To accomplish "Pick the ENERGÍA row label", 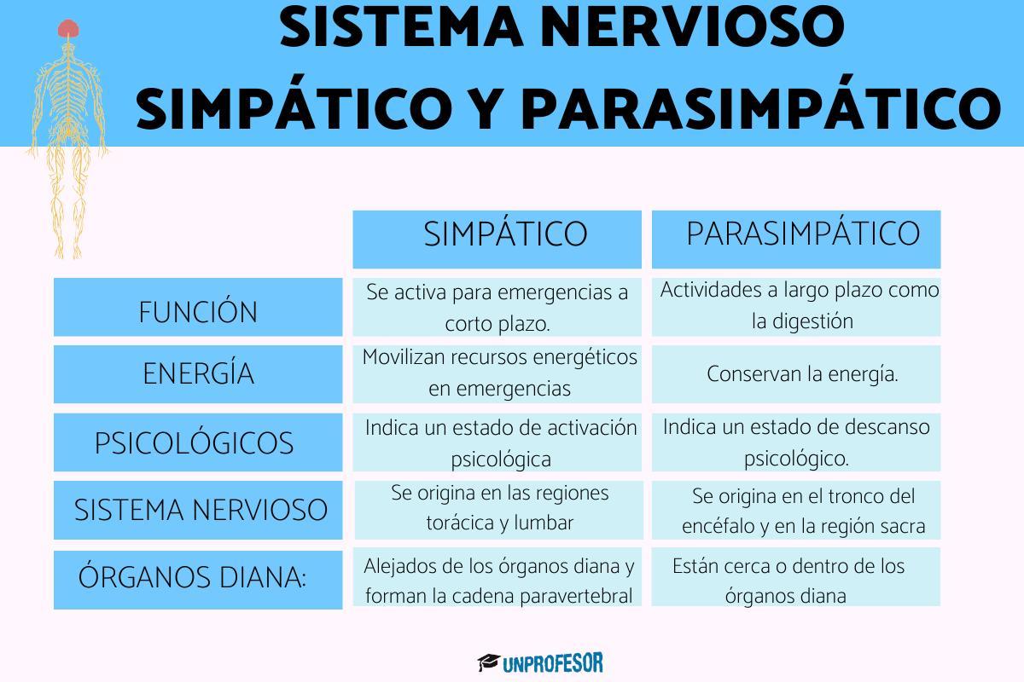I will (x=198, y=374).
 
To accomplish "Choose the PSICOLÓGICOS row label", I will (x=195, y=443).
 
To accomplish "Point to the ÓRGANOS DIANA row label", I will (x=193, y=578).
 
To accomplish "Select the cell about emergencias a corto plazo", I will (x=497, y=307).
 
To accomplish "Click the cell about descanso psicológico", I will (x=796, y=442).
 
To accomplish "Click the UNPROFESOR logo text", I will (x=553, y=662).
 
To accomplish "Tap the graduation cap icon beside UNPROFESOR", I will (x=488, y=662).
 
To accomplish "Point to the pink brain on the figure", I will (x=68, y=29).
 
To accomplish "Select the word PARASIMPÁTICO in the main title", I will (x=759, y=107).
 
